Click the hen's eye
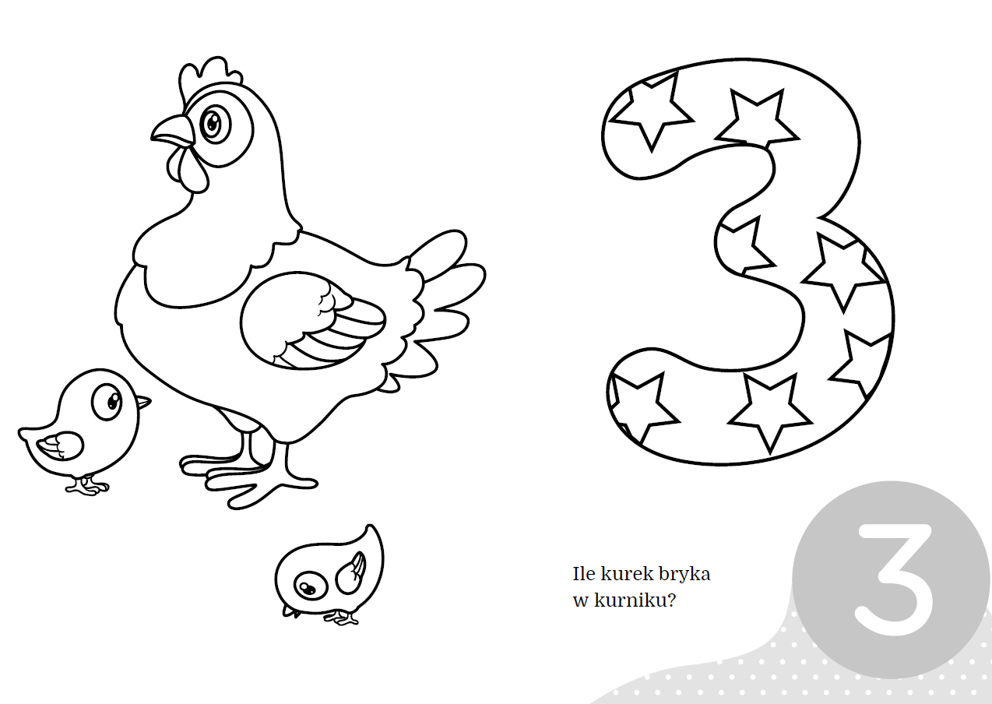tap(215, 123)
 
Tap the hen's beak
tap(173, 131)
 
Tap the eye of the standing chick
tap(107, 401)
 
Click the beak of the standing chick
tap(142, 403)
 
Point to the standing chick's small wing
tap(60, 445)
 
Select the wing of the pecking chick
tap(350, 572)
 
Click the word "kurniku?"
tap(635, 600)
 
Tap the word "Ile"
tap(584, 574)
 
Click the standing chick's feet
tap(87, 486)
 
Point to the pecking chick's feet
tap(341, 617)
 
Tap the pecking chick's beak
tap(290, 612)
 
